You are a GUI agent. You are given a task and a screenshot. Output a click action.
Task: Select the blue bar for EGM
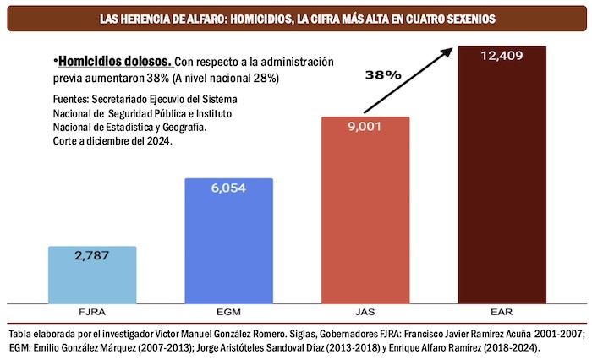pos(228,245)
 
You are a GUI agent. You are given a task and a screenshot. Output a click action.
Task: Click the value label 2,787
pos(92,256)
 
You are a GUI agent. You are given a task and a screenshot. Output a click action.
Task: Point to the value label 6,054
pos(228,188)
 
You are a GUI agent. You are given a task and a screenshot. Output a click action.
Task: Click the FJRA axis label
pos(92,311)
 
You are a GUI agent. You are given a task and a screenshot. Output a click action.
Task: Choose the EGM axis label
pos(228,311)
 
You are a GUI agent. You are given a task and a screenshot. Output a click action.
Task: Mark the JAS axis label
pos(365,311)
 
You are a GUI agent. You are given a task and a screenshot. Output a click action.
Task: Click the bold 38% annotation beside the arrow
pos(382,74)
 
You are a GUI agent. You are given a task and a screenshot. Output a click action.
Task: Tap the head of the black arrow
pos(449,50)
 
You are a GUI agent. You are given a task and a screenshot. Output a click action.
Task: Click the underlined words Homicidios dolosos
pos(115,62)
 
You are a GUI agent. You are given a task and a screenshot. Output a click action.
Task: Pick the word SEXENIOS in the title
pos(464,18)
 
